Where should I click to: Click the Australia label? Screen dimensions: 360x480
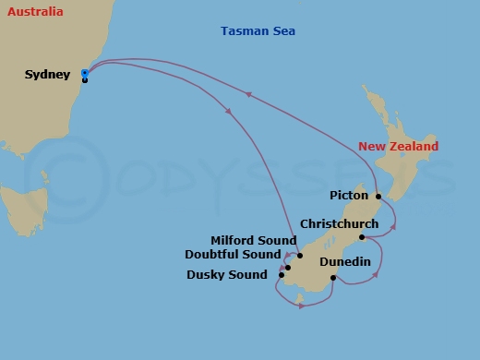pos(33,12)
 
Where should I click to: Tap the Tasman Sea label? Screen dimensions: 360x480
pos(258,31)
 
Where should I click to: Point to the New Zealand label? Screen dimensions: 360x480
pos(398,146)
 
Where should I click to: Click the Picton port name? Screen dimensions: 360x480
pos(349,196)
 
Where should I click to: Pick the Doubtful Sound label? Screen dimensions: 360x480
pos(232,255)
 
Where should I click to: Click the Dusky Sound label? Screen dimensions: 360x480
pos(227,274)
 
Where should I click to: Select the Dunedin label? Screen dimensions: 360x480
pos(344,262)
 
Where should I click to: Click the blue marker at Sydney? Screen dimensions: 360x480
pos(85,73)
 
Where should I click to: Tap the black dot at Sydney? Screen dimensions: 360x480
pos(85,80)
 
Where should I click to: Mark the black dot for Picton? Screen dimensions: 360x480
pos(378,196)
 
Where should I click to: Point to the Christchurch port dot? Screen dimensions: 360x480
pos(363,237)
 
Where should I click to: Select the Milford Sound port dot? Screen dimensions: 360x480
pos(300,255)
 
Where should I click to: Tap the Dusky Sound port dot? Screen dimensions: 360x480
pos(282,274)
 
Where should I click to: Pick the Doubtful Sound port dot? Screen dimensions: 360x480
pos(288,268)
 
